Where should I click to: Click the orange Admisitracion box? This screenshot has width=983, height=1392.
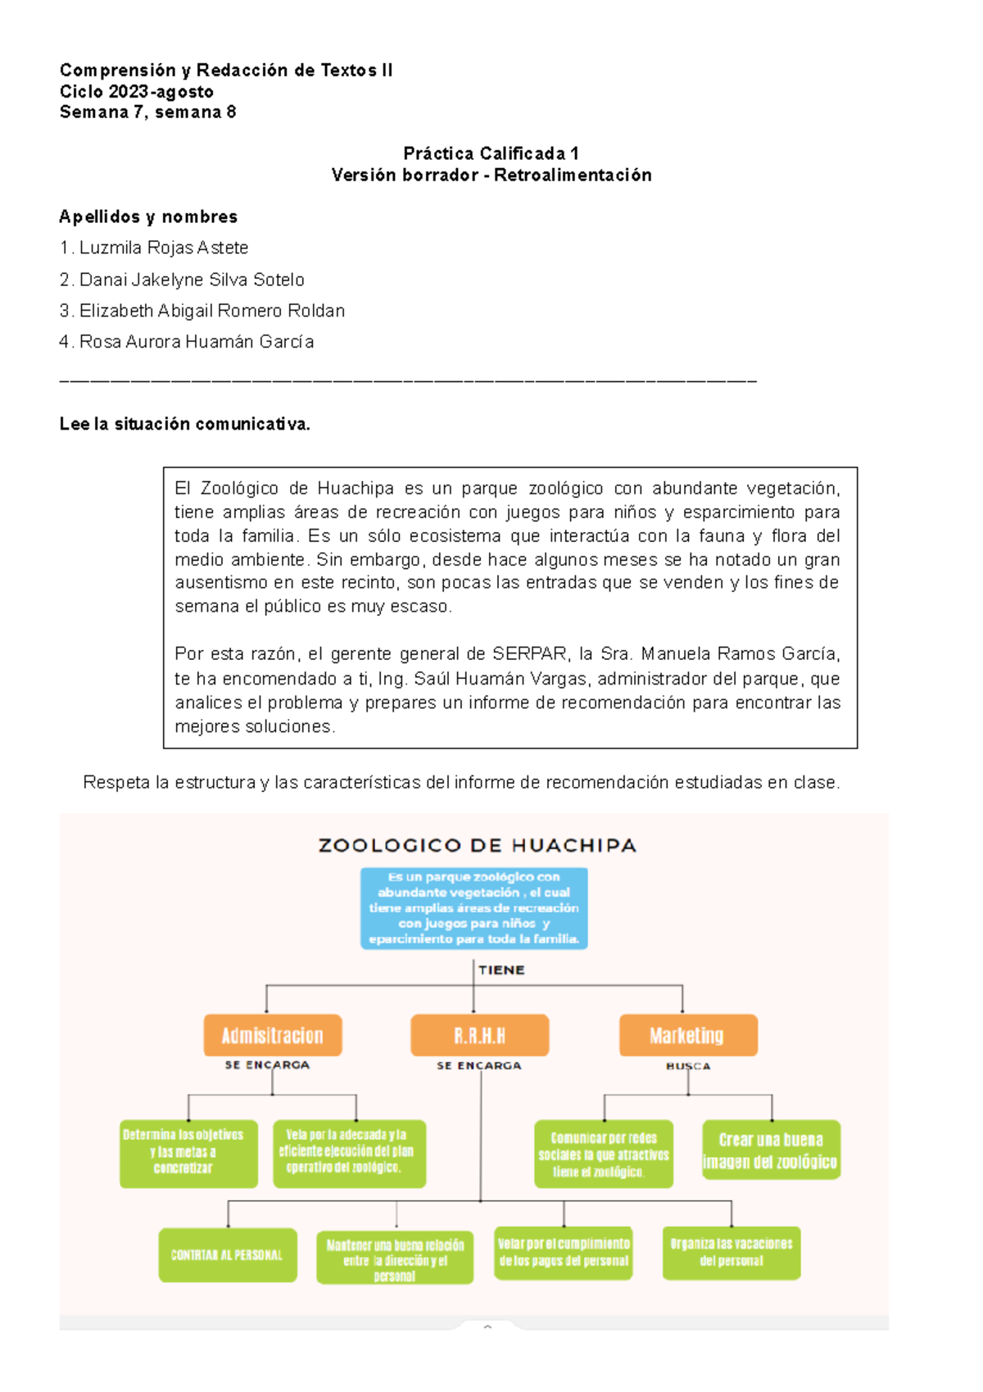[x=272, y=1035]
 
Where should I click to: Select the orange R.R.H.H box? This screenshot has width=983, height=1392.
[x=479, y=1035]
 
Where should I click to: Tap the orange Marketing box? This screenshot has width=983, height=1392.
[x=687, y=1035]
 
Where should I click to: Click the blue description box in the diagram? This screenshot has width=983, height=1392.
[x=473, y=908]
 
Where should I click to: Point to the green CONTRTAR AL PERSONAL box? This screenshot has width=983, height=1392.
[x=228, y=1254]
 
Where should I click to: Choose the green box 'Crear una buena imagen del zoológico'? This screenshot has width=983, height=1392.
[x=771, y=1150]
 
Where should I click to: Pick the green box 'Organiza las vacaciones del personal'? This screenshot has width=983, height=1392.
[x=731, y=1253]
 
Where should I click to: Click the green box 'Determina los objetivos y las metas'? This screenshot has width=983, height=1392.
[x=188, y=1153]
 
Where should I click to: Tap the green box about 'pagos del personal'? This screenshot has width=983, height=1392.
[x=564, y=1253]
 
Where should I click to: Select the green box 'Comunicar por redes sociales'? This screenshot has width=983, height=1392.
[x=604, y=1154]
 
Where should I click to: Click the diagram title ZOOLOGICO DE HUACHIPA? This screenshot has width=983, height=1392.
[x=477, y=845]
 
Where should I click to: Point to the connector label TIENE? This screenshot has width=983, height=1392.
[x=501, y=970]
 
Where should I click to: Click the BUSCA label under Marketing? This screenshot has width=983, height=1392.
[x=688, y=1067]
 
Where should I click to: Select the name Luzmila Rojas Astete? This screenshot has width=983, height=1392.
[x=163, y=248]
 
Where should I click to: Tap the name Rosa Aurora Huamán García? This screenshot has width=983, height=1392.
[x=196, y=342]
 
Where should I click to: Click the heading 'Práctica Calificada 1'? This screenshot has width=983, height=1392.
[x=491, y=153]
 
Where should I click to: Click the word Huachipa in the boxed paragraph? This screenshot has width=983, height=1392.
[x=355, y=489]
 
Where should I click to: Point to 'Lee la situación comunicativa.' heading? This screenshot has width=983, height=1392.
[x=184, y=424]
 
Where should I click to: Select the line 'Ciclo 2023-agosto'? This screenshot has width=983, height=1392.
[x=137, y=92]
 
